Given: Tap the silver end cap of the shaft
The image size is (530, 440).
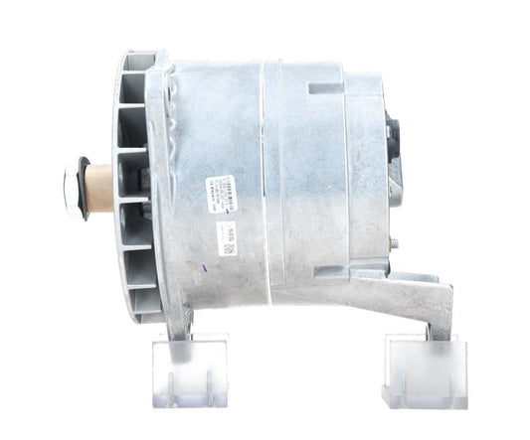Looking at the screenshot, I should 70,185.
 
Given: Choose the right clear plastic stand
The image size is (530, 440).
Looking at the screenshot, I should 425,369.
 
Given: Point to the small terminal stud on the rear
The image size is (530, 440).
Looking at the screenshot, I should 396,241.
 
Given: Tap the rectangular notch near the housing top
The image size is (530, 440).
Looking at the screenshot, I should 323,88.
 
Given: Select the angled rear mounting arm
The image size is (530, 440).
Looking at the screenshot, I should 418,298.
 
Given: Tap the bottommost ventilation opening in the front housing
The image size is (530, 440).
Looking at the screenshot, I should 141,298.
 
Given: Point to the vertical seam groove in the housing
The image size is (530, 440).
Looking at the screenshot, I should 265,179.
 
